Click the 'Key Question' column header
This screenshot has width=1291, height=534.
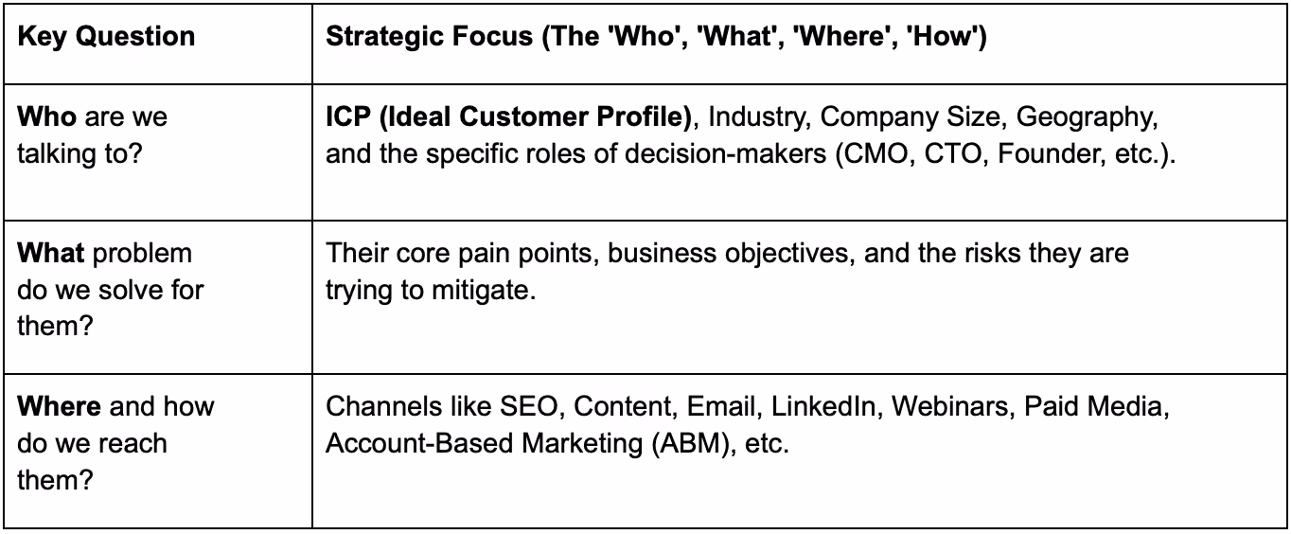(x=106, y=38)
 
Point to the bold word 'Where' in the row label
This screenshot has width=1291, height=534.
(x=59, y=407)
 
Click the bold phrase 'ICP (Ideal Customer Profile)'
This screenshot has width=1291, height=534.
(x=509, y=117)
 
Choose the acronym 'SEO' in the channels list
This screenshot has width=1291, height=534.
(x=531, y=407)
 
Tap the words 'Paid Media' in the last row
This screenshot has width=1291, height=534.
(x=1105, y=407)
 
